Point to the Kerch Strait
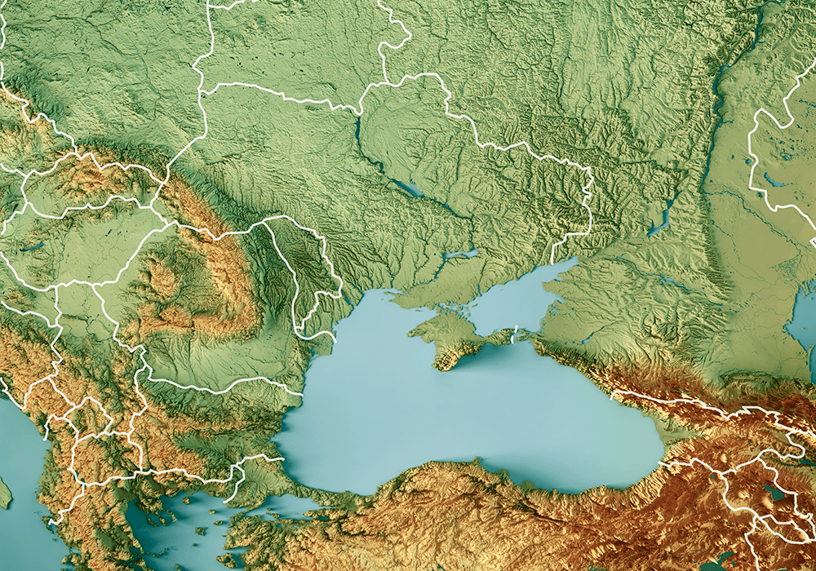coord(514,336)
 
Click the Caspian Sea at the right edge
coord(804,326)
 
